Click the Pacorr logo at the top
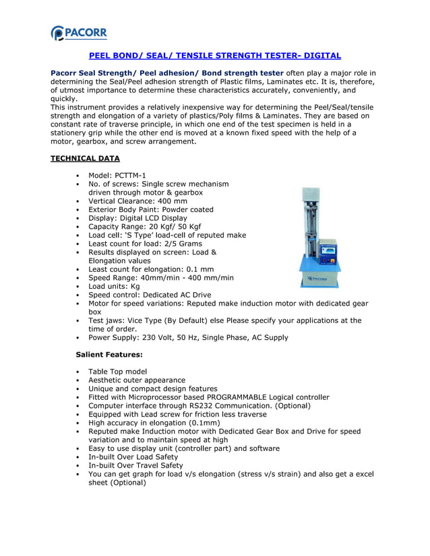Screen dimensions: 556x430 79,32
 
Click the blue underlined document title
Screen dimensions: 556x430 215,55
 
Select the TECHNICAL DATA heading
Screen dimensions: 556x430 86,158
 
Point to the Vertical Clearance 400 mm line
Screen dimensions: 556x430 137,201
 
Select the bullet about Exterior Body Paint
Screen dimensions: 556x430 150,209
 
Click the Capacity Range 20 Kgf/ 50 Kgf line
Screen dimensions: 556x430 144,227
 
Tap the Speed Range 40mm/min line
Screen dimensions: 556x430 161,277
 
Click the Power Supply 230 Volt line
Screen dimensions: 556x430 188,337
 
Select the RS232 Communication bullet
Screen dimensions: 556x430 199,406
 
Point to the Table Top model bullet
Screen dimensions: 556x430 117,372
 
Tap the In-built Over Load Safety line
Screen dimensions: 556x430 133,457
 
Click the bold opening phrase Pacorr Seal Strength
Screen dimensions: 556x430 108,73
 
